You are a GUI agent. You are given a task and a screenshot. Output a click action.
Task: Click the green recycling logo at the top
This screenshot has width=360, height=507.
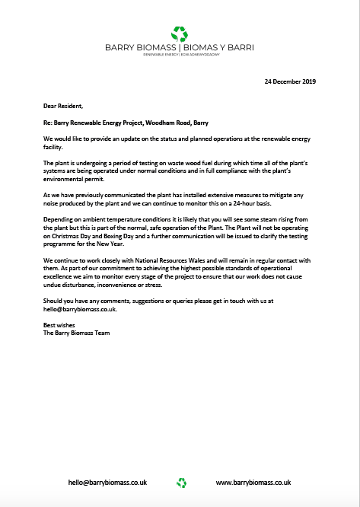pos(180,33)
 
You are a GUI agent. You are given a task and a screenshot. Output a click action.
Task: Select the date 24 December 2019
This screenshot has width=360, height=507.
pos(289,81)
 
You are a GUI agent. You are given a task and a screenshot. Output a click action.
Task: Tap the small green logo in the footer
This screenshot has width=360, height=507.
pos(181,482)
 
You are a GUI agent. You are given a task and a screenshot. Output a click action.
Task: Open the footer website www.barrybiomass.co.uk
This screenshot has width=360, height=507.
pos(253,483)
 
